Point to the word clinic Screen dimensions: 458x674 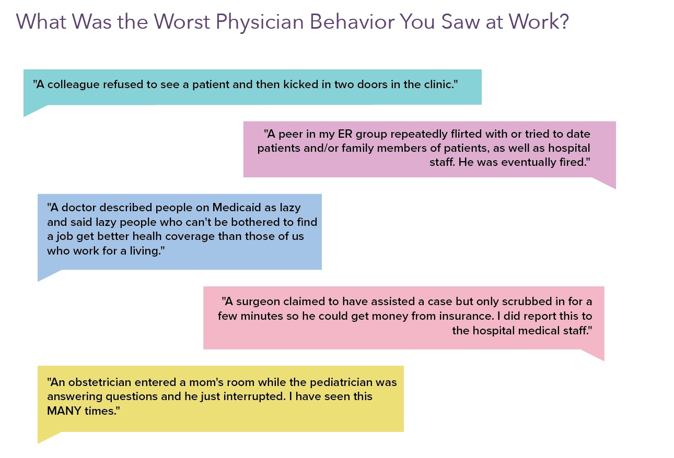coord(435,84)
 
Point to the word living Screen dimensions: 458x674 coord(148,251)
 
